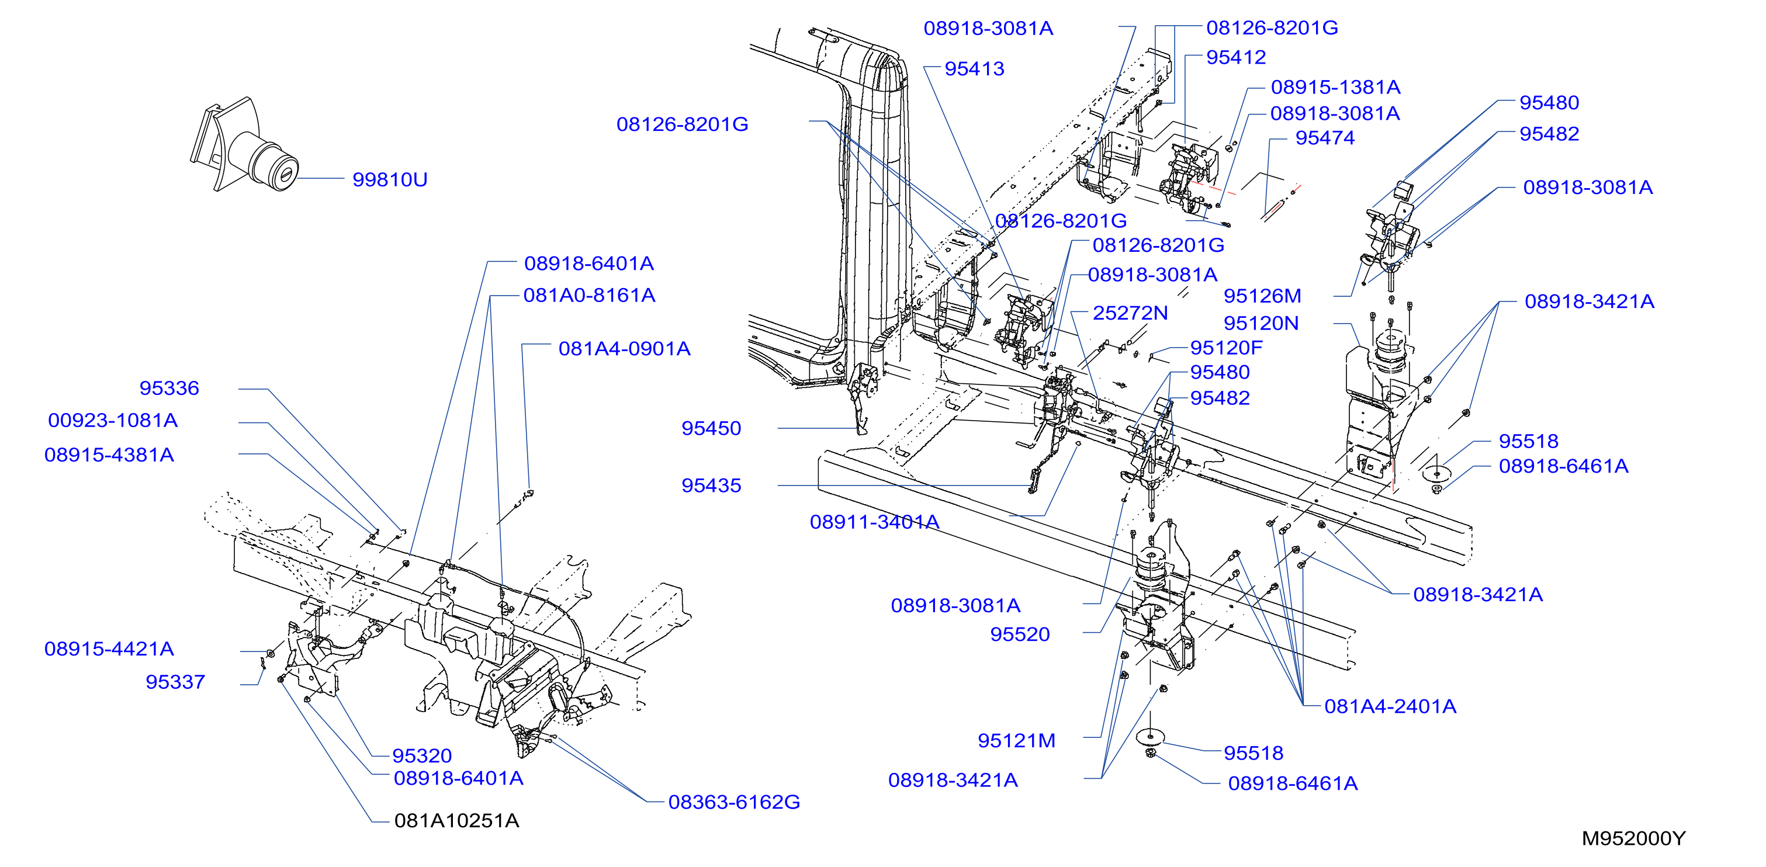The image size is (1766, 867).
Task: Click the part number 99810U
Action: [389, 179]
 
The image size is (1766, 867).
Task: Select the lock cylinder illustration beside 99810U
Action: [245, 145]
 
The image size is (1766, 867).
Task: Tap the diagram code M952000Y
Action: [1633, 838]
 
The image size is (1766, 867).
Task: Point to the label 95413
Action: [974, 68]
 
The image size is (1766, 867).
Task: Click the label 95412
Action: [1236, 57]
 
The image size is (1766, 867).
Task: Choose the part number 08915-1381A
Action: [1335, 87]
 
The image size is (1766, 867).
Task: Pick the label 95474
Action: [1324, 138]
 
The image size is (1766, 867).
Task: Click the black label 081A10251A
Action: [456, 820]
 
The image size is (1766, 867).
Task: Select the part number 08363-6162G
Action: [734, 802]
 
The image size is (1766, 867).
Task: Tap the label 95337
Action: [175, 682]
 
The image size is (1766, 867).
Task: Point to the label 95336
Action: [169, 388]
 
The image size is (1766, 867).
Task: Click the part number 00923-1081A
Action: [113, 420]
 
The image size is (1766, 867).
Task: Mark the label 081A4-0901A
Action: [625, 349]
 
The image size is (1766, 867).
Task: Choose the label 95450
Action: [711, 428]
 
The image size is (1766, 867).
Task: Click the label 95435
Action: [711, 485]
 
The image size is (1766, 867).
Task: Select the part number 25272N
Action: [1130, 313]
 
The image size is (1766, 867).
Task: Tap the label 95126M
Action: [1262, 296]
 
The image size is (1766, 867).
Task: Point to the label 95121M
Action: [1016, 741]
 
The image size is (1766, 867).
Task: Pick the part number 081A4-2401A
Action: [1390, 706]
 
